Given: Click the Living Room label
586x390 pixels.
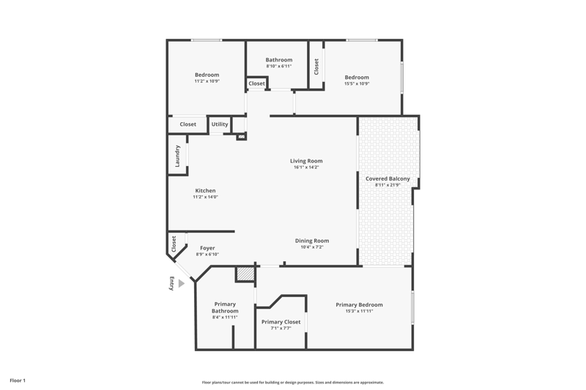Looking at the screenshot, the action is (306, 161).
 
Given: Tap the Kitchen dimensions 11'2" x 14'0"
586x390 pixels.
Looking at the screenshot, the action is (205, 197).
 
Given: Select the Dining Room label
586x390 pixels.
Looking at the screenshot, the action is (312, 241).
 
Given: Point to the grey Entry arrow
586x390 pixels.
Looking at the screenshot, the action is (182, 284).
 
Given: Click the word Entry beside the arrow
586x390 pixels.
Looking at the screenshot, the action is (172, 283).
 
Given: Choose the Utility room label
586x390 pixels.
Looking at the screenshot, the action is (220, 124).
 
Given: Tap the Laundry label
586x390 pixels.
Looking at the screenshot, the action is (177, 156).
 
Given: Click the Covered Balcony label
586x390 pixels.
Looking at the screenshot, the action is (387, 179).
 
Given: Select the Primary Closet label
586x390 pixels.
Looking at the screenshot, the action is (281, 322).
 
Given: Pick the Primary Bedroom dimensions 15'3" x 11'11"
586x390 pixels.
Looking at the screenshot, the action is (359, 311).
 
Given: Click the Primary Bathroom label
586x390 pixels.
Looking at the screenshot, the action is (225, 307).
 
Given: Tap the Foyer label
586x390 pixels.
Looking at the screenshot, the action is (207, 248).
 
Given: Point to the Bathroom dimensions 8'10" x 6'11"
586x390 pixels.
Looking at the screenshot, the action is (279, 66).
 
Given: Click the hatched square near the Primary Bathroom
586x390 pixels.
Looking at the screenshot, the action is (245, 274).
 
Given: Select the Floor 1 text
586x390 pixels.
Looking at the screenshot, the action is (18, 380).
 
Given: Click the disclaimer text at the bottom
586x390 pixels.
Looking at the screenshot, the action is (292, 382).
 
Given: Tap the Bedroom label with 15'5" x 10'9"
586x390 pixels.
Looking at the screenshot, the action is (357, 78).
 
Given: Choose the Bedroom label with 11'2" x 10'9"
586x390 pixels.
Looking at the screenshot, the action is (207, 75).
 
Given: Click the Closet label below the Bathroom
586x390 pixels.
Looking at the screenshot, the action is (257, 83).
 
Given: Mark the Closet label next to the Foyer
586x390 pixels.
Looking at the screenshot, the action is (174, 244).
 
